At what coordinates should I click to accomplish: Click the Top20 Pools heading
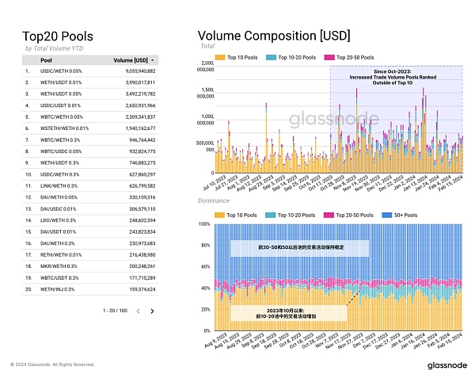pos(58,36)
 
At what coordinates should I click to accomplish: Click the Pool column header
pos(47,59)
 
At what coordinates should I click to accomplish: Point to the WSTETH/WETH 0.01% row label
pos(65,128)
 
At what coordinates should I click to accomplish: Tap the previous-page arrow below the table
pos(138,311)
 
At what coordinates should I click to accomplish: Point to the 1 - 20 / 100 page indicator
pos(115,311)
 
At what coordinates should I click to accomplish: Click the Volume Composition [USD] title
pos(273,36)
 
